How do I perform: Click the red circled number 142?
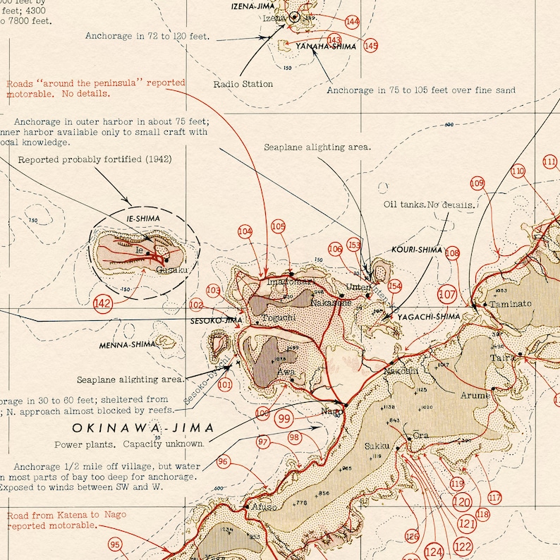coord(103,303)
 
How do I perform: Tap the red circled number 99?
coord(284,418)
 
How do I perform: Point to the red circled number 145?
coord(371,46)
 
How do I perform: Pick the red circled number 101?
coord(225,385)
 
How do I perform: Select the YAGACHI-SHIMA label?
coord(428,317)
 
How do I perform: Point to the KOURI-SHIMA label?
coord(417,250)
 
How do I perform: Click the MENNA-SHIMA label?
coord(128,344)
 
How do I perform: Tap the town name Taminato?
coord(511,303)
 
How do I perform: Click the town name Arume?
coord(475,396)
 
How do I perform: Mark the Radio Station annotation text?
coord(243,84)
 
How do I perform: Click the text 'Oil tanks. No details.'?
coord(430,205)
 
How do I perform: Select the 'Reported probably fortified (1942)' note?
coord(95,159)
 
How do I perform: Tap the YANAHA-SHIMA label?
coord(326,47)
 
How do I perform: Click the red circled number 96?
coord(224,462)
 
